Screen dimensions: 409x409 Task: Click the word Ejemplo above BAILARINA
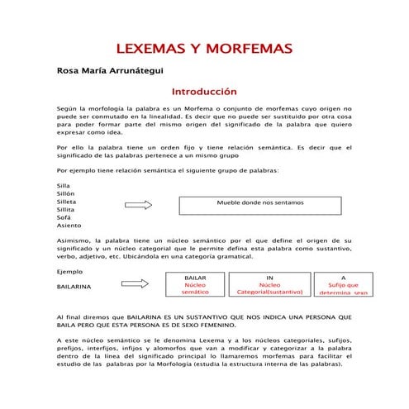pos(69,272)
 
